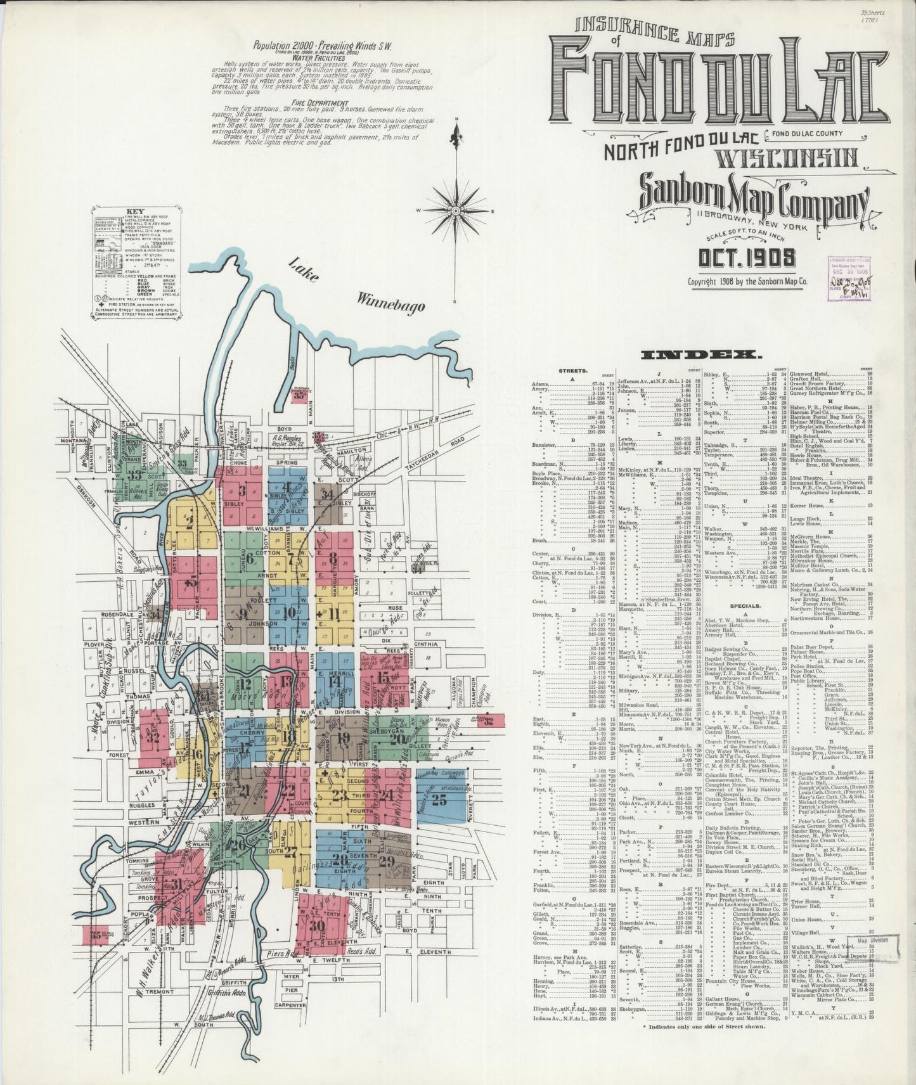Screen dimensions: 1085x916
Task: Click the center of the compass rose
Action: [x=456, y=210]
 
